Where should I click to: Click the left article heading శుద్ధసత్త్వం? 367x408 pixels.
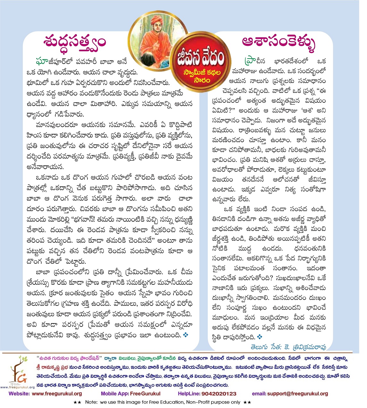point(75,42)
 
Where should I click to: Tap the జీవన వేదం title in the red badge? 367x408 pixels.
point(200,59)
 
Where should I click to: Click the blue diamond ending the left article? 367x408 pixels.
point(185,335)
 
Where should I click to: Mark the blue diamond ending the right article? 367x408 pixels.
point(260,337)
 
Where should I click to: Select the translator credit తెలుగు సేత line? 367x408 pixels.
point(288,347)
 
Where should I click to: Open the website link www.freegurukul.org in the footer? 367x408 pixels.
point(57,394)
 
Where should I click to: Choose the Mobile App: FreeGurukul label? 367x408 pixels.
point(130,394)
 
